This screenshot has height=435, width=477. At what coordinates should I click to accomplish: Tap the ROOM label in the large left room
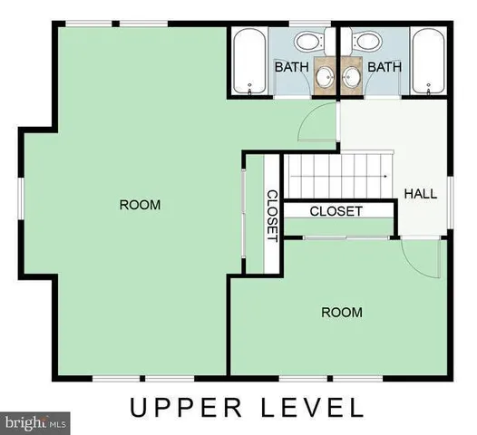coord(140,205)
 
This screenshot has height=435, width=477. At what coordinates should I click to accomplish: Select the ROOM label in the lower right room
coord(342,313)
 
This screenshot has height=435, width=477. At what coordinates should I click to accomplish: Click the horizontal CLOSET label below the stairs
coord(336,211)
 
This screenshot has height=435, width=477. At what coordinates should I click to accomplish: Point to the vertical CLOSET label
coord(271,215)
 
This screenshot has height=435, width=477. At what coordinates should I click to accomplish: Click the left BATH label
coord(292,67)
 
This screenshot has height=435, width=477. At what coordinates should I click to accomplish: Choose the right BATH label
coord(385,67)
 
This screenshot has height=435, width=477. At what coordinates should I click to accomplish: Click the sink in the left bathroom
coord(324,76)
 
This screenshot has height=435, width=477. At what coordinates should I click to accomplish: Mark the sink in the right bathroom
coord(351,76)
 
